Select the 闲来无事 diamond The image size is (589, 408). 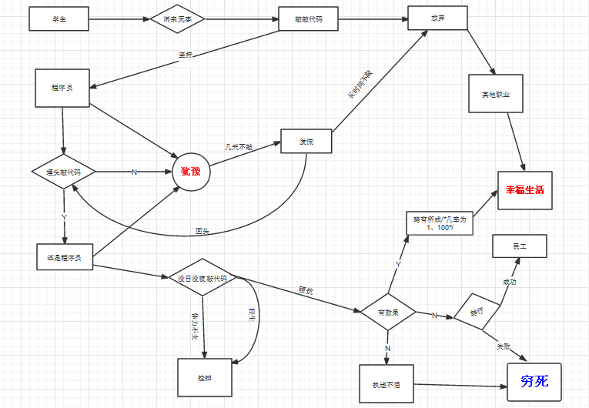tap(178, 19)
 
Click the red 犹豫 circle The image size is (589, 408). tap(190, 171)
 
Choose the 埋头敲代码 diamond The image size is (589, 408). tap(63, 172)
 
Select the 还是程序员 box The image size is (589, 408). tap(65, 257)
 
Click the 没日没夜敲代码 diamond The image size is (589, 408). tap(202, 278)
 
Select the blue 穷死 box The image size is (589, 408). tap(534, 382)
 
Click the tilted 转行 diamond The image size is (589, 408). tap(478, 312)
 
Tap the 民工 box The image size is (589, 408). tap(520, 246)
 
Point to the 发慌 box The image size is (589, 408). tap(306, 141)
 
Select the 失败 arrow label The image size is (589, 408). tap(504, 347)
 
